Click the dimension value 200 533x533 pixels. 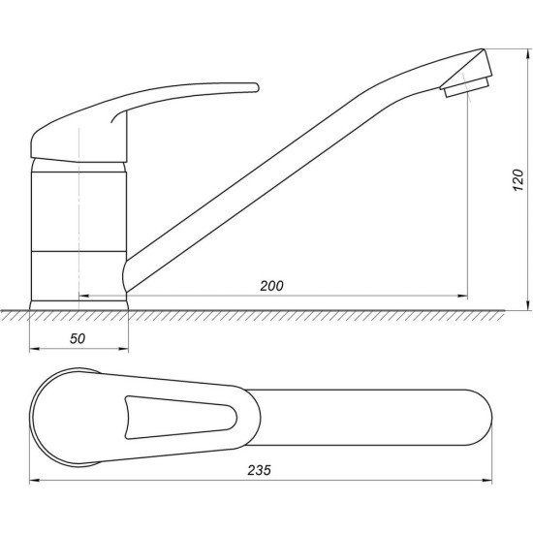point(271,286)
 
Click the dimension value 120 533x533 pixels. point(518,179)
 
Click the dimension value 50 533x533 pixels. point(78,338)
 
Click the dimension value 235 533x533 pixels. point(260,470)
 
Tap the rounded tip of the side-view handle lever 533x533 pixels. point(256,87)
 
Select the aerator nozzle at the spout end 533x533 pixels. point(466,86)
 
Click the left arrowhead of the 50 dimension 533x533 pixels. point(34,349)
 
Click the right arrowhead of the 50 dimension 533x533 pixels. point(123,349)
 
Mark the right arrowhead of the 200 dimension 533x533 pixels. point(462,297)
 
